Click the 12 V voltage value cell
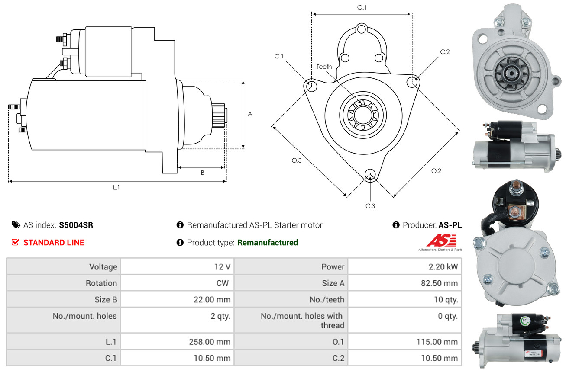point(222,267)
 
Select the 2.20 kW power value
point(443,267)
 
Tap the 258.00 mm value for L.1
point(210,342)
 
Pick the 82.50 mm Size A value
point(440,283)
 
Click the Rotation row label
point(101,283)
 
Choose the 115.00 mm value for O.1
point(437,342)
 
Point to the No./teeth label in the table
point(327,300)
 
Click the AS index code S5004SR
point(76,225)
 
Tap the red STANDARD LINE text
point(54,243)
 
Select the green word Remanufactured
point(268,243)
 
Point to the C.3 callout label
point(370,206)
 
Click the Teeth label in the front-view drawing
point(324,67)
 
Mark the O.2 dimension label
point(436,171)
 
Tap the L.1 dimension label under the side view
point(116,188)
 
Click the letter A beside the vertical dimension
point(250,114)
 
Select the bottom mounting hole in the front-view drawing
point(370,174)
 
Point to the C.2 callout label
point(445,52)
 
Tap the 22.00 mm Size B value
point(212,300)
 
